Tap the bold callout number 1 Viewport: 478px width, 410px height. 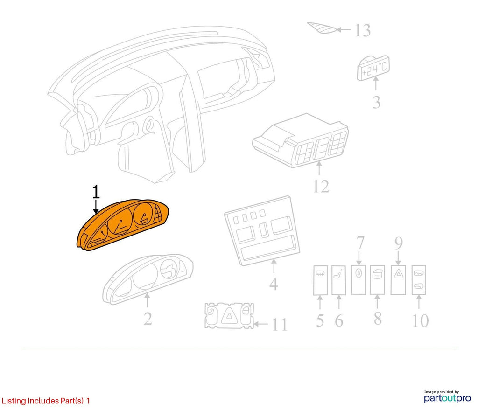pyautogui.click(x=96, y=192)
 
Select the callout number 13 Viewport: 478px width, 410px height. pyautogui.click(x=363, y=30)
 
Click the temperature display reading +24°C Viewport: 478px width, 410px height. pyautogui.click(x=373, y=68)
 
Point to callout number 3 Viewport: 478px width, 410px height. pyautogui.click(x=377, y=102)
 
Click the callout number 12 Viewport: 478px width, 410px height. pyautogui.click(x=321, y=187)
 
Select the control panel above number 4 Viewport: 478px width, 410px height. pyautogui.click(x=262, y=230)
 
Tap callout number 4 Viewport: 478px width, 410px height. pyautogui.click(x=274, y=284)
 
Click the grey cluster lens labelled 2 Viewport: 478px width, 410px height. pyautogui.click(x=148, y=279)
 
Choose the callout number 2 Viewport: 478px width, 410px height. pyautogui.click(x=148, y=319)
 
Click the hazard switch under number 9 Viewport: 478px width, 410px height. pyautogui.click(x=398, y=280)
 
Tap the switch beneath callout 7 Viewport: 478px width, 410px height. pyautogui.click(x=358, y=279)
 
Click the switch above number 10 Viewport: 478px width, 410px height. pyautogui.click(x=419, y=280)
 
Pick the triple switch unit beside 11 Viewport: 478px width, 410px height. pyautogui.click(x=229, y=316)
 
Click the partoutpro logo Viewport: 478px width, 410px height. pyautogui.click(x=447, y=397)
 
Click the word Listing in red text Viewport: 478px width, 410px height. pyautogui.click(x=14, y=401)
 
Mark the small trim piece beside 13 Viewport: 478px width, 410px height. pyautogui.click(x=322, y=28)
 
